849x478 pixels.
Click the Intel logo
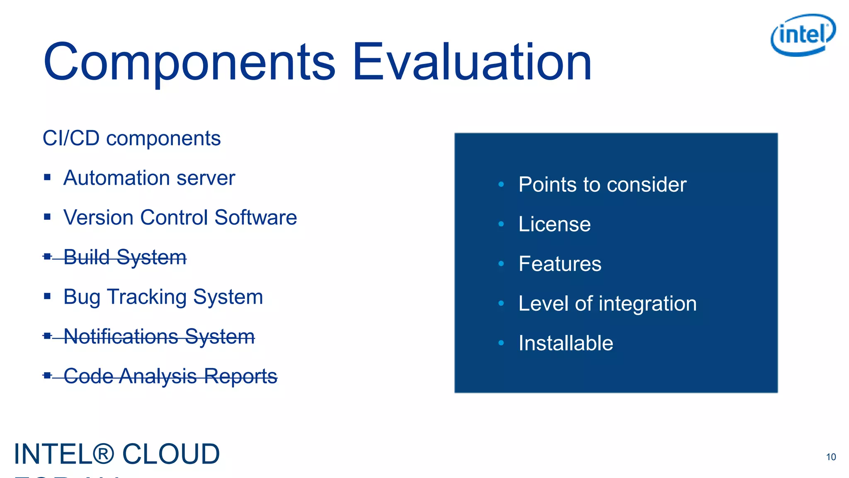click(x=803, y=35)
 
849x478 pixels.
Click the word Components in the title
click(x=189, y=62)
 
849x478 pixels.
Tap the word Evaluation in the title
click(x=472, y=62)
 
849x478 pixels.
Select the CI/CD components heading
click(x=131, y=138)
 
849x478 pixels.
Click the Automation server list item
click(x=149, y=178)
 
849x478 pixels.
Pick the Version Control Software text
click(x=180, y=217)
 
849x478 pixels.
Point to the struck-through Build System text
click(x=125, y=257)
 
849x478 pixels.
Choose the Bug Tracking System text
click(x=163, y=297)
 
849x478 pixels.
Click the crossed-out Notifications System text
click(x=159, y=337)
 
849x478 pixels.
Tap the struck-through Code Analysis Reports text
click(x=170, y=376)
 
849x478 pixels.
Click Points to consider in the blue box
click(x=602, y=185)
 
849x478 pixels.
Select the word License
click(x=554, y=224)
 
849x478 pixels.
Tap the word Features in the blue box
click(x=560, y=264)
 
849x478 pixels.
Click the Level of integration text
click(x=607, y=304)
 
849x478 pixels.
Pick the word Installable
click(x=565, y=343)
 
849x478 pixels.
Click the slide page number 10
click(x=831, y=457)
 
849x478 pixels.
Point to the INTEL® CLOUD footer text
click(x=117, y=454)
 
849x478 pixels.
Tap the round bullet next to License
click(x=501, y=224)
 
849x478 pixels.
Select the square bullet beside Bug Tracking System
click(x=47, y=296)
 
